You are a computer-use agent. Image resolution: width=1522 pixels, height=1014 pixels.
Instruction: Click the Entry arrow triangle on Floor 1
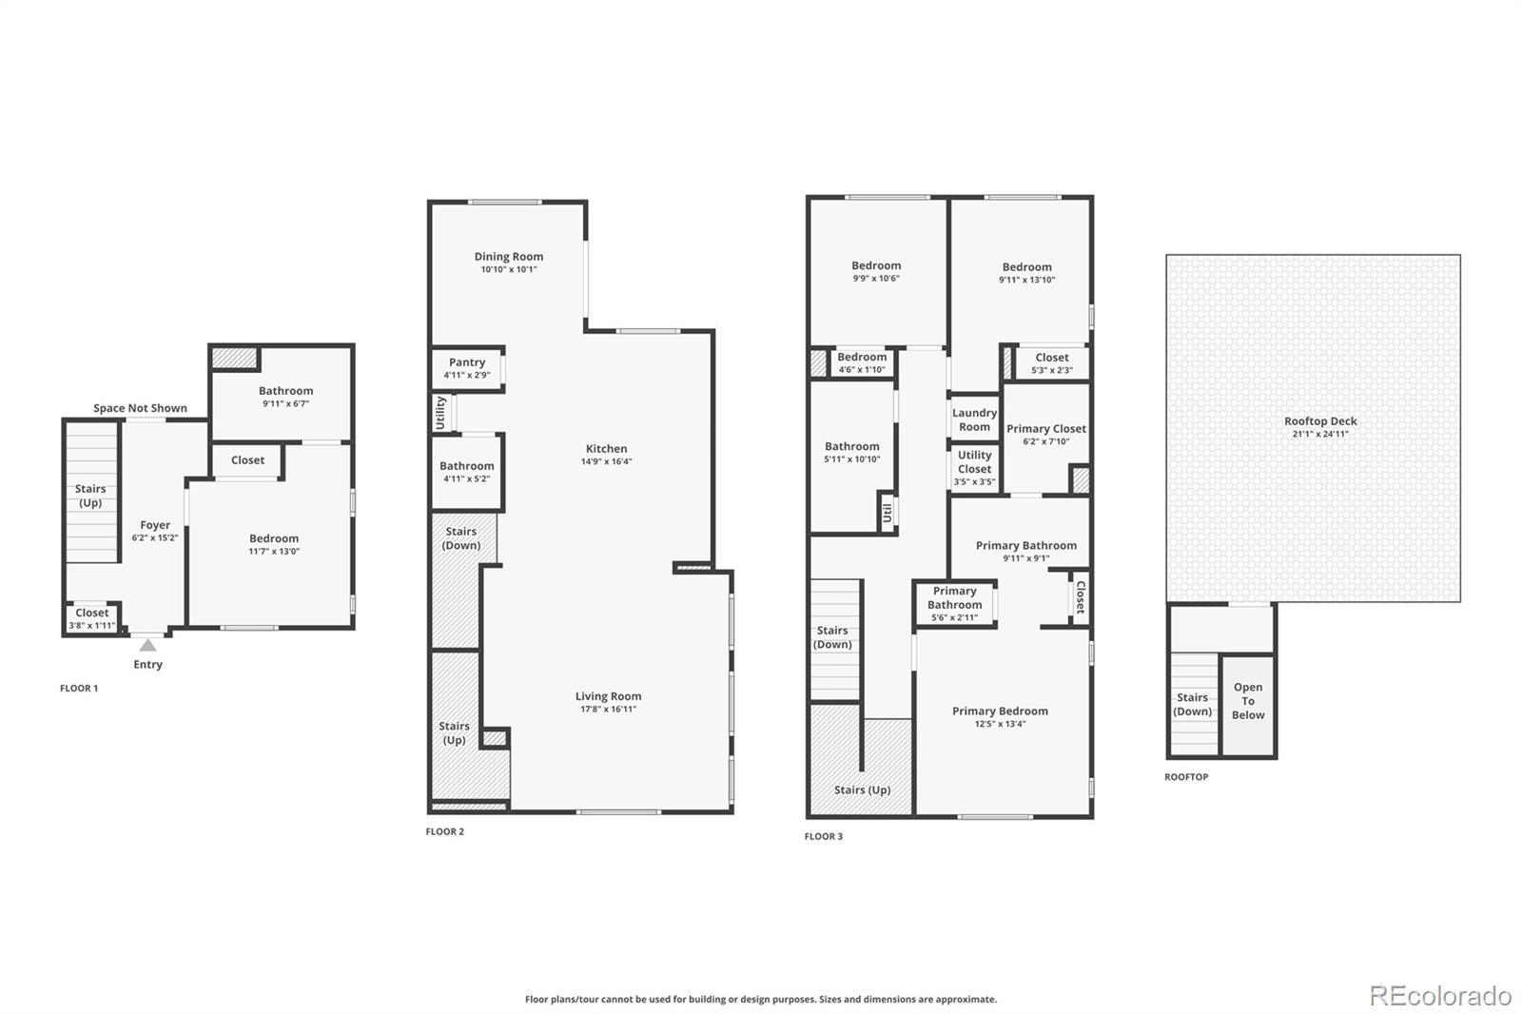147,645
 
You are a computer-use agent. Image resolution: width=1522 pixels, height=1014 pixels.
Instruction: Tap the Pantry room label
467,362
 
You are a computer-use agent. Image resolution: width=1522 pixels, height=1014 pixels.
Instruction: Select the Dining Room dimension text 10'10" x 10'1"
509,269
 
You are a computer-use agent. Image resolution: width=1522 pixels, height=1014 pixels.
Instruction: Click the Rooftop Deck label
1320,421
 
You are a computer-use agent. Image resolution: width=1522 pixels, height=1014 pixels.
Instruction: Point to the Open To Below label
1248,701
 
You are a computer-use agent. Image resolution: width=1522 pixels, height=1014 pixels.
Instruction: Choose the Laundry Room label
974,420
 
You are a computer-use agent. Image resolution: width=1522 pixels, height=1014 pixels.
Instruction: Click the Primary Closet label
1046,429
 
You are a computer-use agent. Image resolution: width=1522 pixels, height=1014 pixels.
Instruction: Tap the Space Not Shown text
140,408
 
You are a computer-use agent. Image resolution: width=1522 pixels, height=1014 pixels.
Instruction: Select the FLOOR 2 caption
445,831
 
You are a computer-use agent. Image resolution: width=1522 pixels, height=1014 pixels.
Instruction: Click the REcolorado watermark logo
1440,996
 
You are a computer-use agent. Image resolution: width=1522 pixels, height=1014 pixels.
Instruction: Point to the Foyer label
155,525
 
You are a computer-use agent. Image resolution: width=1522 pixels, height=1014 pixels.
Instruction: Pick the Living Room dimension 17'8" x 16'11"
608,709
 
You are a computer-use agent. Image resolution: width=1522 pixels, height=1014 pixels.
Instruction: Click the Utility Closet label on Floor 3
974,462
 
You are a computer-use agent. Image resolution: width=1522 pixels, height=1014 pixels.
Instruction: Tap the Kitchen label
607,449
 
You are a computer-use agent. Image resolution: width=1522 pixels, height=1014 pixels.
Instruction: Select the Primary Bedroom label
1000,711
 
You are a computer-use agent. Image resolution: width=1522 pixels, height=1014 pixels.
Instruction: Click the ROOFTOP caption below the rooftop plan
1186,777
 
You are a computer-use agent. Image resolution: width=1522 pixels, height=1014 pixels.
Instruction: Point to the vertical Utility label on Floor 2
440,413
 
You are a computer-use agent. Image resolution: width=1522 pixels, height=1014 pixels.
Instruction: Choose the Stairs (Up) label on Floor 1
90,496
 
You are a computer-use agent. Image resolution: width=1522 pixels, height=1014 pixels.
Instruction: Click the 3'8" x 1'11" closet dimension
91,625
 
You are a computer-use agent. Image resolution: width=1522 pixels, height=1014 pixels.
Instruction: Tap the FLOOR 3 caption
824,836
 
